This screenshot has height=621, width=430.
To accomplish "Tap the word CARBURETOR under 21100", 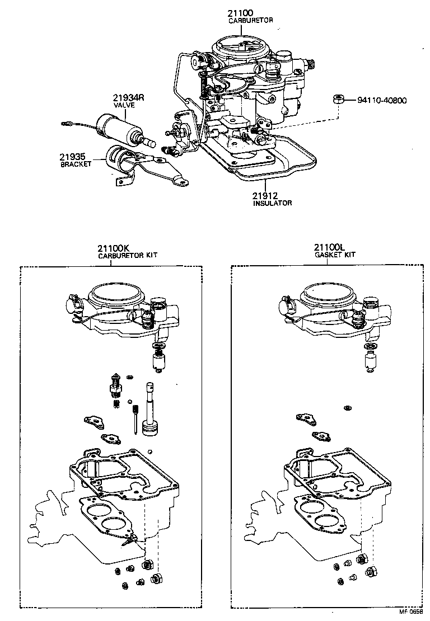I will [250, 20].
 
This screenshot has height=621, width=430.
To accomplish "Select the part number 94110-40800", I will [382, 101].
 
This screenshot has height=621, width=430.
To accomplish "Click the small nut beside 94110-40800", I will [338, 100].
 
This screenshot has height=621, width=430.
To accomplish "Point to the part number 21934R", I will [128, 97].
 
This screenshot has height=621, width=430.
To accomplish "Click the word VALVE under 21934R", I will [124, 105].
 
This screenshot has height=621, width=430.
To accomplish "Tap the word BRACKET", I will [76, 165].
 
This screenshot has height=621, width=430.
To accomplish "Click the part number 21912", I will [266, 195].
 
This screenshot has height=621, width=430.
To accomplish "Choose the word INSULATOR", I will [272, 203].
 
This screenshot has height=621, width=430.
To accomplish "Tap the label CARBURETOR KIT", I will [128, 255].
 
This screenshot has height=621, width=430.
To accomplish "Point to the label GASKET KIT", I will [334, 255].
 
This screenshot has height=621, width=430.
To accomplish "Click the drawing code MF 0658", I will [410, 613].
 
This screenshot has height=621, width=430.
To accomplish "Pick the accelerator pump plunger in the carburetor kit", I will [151, 411].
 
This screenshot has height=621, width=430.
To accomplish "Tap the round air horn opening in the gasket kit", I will [326, 293].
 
